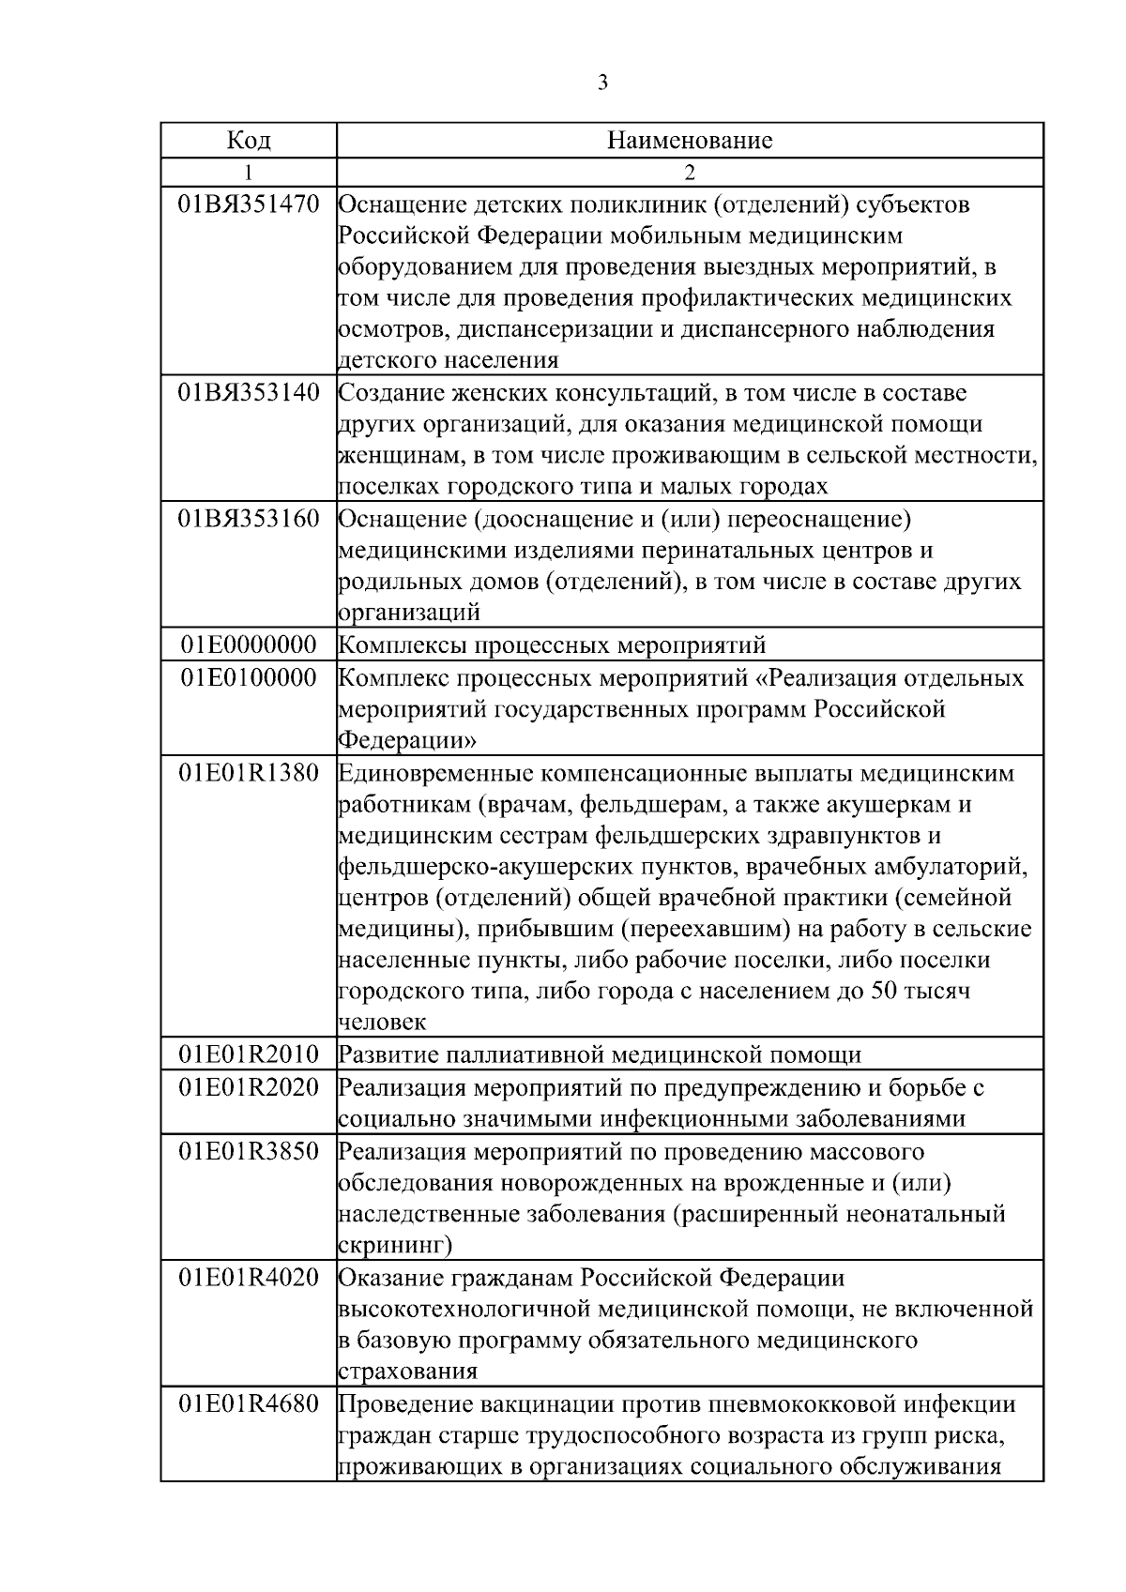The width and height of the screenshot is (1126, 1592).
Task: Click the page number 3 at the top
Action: click(602, 83)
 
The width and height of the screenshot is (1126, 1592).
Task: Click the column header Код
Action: click(249, 141)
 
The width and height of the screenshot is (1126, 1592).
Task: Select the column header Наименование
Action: click(690, 141)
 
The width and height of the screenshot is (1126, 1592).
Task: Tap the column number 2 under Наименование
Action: click(690, 172)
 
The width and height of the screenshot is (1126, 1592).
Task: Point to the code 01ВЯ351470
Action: click(249, 205)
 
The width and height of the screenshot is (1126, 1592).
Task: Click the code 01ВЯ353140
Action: click(249, 392)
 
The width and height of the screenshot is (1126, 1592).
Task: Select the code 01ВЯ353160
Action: click(249, 519)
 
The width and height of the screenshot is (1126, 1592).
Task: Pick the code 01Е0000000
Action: click(249, 645)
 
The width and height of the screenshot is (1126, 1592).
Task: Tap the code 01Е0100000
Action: click(249, 678)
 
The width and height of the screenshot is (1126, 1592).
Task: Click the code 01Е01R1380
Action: click(249, 774)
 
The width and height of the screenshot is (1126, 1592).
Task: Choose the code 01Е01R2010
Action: click(249, 1054)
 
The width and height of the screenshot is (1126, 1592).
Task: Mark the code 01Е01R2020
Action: click(249, 1088)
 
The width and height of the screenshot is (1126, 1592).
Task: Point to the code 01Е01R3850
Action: click(249, 1151)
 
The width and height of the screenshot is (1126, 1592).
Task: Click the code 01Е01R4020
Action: click(249, 1278)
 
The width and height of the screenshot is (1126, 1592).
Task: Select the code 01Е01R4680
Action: click(249, 1404)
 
